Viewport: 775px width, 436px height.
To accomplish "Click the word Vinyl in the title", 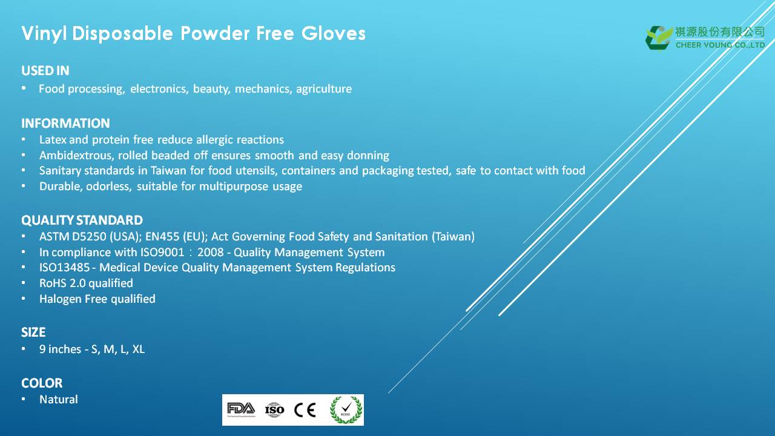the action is pos(44,34).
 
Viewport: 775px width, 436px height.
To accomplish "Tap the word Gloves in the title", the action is pos(333,33).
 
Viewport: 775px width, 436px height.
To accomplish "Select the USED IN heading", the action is pos(45,71).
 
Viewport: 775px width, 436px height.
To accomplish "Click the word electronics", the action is pos(159,89).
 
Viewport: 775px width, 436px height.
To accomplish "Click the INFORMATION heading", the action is pos(65,123).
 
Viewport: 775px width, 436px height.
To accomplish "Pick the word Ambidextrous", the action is pos(76,156).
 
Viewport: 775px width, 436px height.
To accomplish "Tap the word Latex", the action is pos(53,140).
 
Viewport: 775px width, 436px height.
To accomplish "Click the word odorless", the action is pos(108,187).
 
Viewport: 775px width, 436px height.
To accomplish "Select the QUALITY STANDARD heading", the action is pos(82,220).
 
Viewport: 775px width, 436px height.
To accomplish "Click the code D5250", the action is pos(89,237).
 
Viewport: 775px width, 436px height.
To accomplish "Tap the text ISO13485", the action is pos(64,268).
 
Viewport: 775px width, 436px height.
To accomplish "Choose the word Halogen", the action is pos(61,299).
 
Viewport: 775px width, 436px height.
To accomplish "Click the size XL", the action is pos(139,349).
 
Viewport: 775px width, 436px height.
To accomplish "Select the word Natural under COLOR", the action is pos(59,400).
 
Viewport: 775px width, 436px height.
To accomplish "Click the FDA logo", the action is pos(241,409).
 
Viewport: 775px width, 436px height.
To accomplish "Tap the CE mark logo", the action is pos(305,410).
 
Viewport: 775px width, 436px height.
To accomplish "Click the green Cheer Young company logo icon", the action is pos(658,38).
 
